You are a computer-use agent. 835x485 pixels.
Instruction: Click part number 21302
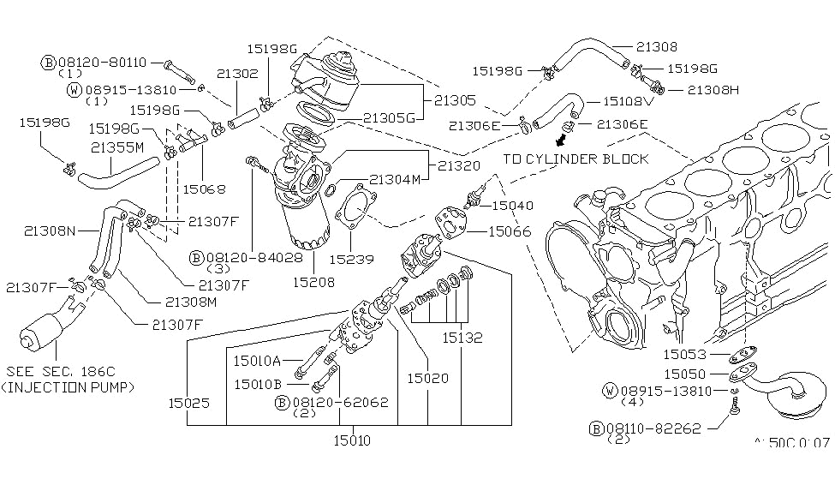[x=237, y=74]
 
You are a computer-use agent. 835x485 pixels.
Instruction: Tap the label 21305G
[x=389, y=117]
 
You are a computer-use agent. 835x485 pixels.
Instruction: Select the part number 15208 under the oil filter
[x=313, y=282]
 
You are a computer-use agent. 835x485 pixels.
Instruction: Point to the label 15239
[x=351, y=259]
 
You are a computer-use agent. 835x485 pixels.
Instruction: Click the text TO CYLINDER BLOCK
[x=576, y=159]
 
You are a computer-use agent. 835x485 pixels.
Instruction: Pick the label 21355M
[x=117, y=147]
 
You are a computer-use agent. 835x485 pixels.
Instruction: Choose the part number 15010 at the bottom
[x=352, y=440]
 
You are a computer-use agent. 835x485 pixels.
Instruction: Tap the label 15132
[x=462, y=338]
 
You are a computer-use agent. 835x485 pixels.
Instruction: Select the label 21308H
[x=713, y=90]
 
